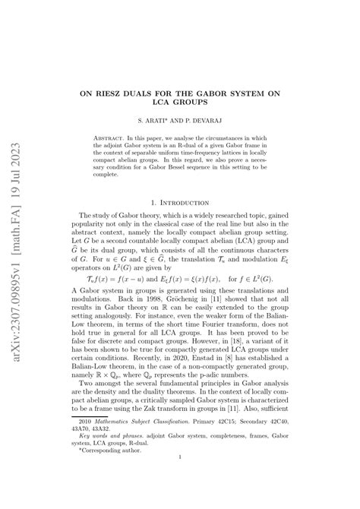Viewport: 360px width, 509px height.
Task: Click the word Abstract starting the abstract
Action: click(x=113, y=138)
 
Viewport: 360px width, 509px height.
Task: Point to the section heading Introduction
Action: click(x=185, y=204)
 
